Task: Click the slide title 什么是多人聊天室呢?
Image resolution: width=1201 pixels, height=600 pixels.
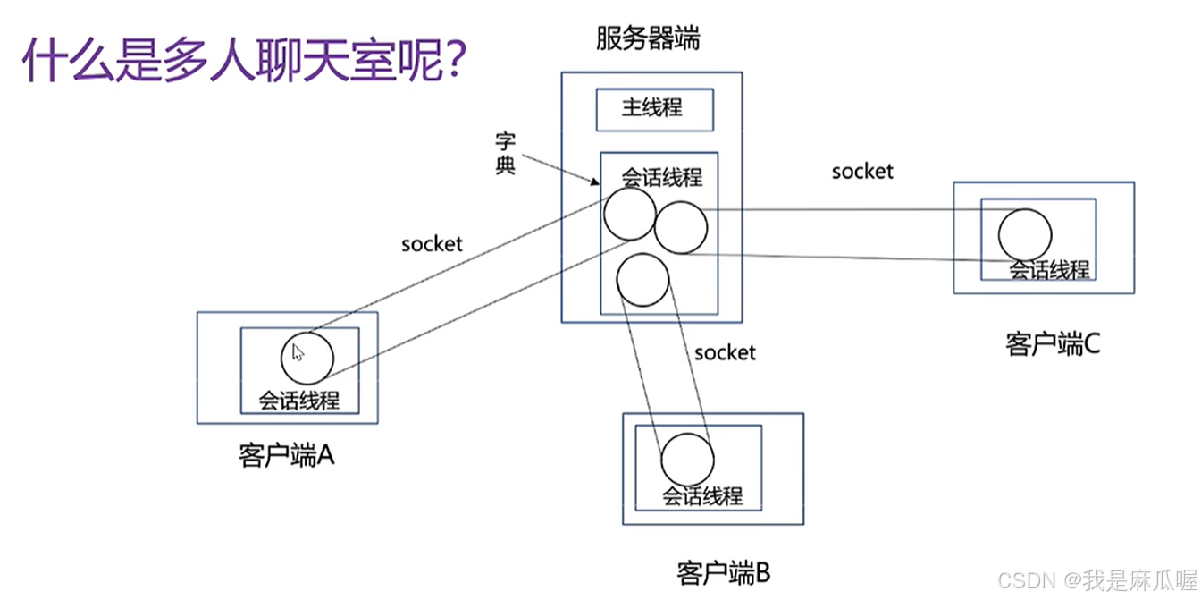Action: click(x=241, y=62)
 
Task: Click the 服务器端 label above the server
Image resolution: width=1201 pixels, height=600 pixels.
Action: click(x=648, y=39)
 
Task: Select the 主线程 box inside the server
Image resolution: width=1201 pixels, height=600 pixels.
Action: click(x=654, y=109)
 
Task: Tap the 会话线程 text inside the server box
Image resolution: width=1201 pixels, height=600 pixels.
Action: click(x=661, y=177)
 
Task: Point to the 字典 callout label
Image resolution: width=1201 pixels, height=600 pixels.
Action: click(x=506, y=153)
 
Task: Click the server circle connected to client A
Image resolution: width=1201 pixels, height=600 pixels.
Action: click(x=629, y=214)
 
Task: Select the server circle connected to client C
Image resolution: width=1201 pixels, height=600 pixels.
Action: click(x=681, y=227)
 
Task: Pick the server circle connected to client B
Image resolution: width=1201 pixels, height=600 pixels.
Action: click(x=642, y=280)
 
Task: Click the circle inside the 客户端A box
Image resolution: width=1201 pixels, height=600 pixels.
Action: click(x=307, y=358)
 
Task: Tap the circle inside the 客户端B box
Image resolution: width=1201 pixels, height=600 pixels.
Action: click(x=687, y=460)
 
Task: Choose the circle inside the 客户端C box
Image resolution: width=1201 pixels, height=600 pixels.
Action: click(x=1025, y=234)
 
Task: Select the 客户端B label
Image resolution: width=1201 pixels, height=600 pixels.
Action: click(x=723, y=571)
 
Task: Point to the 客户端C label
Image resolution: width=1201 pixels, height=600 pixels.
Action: click(x=1052, y=343)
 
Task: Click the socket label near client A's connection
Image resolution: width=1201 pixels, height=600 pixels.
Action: click(x=432, y=244)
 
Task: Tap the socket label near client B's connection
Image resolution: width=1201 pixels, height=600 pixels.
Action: click(x=725, y=352)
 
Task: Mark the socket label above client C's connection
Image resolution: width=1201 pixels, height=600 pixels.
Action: click(x=862, y=171)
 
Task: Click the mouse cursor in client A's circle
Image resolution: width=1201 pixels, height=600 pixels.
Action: click(x=298, y=352)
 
